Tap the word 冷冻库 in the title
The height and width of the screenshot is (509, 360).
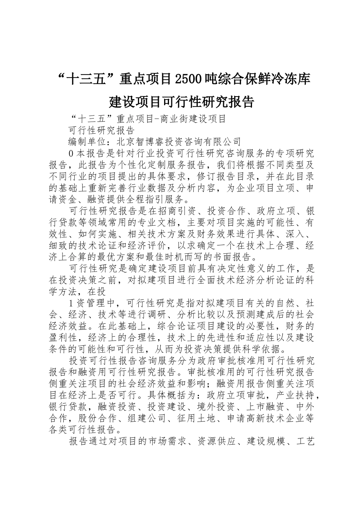[293, 79]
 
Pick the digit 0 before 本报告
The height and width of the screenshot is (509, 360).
[72, 153]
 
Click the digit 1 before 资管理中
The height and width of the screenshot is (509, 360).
[72, 303]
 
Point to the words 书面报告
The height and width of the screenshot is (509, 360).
[240, 257]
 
